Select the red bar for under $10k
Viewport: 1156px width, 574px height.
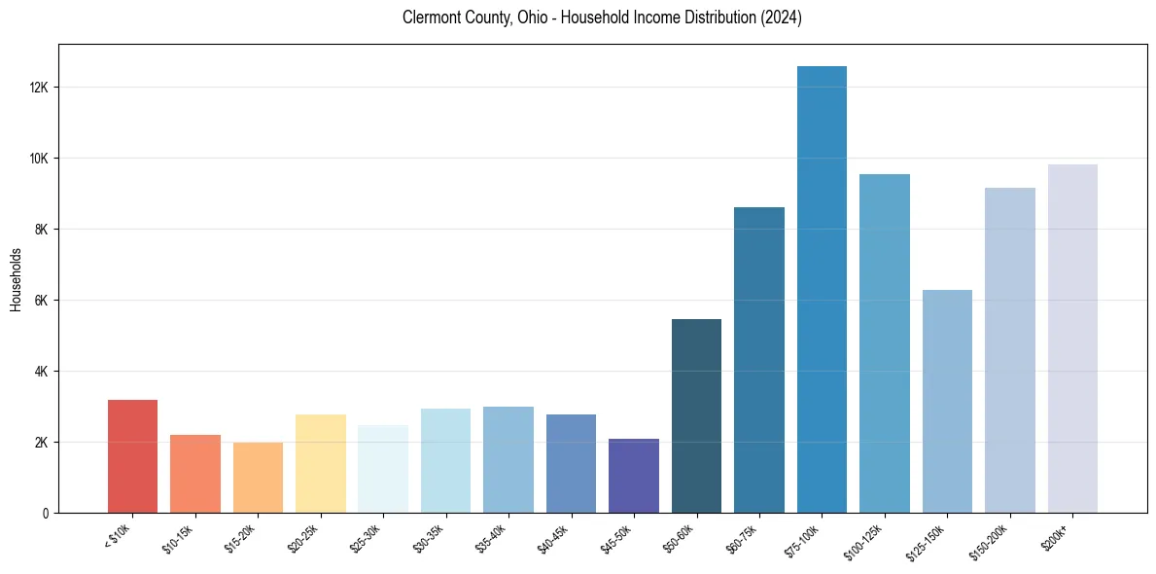pos(132,456)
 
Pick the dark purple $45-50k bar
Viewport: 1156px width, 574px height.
pos(634,476)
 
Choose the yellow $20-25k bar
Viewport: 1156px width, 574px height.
pos(321,464)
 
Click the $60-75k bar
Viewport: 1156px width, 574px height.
pos(759,360)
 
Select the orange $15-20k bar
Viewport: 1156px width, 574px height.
pos(258,478)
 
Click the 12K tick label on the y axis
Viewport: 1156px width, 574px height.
pos(39,88)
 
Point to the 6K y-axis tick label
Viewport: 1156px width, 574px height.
pos(42,301)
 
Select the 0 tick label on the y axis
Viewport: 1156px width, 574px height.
pos(46,514)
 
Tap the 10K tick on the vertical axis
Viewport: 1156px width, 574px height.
pos(39,159)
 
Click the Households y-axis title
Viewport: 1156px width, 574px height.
pos(17,279)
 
